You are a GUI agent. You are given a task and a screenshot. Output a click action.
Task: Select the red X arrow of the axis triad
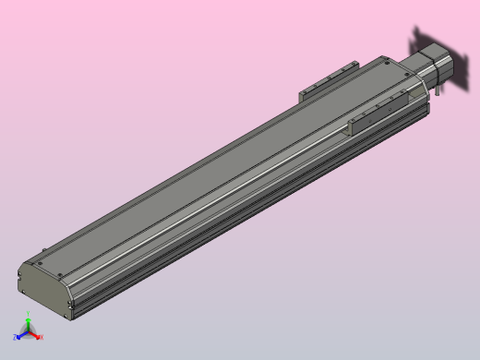click(x=36, y=335)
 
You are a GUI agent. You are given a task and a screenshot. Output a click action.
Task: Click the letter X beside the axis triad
click(x=42, y=337)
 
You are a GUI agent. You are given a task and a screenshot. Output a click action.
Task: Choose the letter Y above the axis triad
click(x=29, y=315)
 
